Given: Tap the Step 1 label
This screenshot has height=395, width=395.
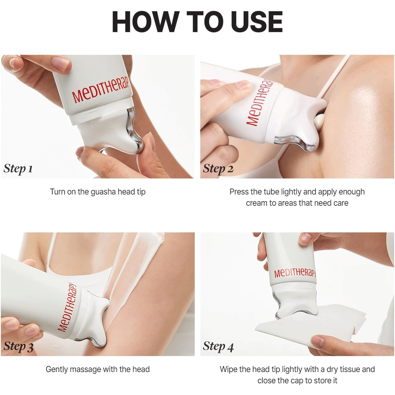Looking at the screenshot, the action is pos(18,169).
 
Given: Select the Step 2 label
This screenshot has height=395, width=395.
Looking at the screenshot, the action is pos(218,169).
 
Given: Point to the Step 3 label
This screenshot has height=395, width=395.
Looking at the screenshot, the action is pos(19,346).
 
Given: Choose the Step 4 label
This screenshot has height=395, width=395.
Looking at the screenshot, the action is pos(218,346).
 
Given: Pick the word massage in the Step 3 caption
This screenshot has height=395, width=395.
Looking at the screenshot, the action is pos(85,370).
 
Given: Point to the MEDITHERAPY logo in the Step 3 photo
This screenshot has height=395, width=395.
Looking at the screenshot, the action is pos(67,307).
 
